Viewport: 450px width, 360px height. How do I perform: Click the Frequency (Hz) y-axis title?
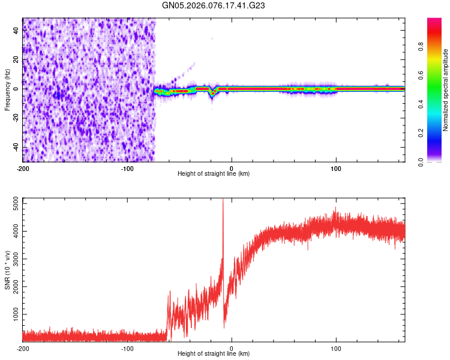point(7,90)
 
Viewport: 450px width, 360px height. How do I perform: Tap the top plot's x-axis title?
point(214,174)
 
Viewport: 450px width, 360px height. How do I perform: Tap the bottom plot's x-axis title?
point(214,354)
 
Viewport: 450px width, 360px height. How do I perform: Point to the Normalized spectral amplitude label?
point(445,90)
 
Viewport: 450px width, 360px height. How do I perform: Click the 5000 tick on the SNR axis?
point(13,204)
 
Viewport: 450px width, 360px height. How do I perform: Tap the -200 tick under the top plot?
point(23,167)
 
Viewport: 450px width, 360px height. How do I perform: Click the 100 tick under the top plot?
point(336,167)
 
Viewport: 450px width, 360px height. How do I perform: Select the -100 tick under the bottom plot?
point(127,347)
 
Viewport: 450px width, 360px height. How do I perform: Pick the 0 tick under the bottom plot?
point(232,347)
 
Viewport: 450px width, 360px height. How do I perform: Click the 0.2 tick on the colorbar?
point(421,133)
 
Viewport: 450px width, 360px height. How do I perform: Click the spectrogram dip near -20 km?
point(212,93)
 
